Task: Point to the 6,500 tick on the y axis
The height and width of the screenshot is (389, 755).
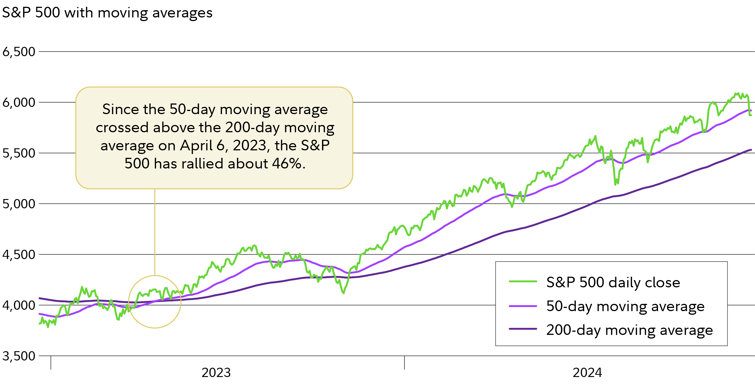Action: click(x=19, y=52)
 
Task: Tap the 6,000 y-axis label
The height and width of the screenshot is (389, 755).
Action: click(x=19, y=103)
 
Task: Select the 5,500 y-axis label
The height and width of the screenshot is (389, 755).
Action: click(x=19, y=153)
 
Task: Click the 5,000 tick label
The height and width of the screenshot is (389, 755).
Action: click(x=19, y=204)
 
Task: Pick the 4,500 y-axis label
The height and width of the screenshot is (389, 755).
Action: click(x=19, y=255)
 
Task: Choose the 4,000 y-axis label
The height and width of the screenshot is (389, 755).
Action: click(x=19, y=305)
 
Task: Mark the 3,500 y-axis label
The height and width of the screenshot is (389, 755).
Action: click(x=19, y=356)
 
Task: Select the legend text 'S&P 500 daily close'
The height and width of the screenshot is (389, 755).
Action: click(x=613, y=282)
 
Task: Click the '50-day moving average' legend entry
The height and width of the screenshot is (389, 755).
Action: click(x=625, y=306)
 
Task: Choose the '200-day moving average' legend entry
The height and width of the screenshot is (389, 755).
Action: click(x=629, y=330)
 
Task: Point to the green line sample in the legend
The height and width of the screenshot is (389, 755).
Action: click(x=523, y=281)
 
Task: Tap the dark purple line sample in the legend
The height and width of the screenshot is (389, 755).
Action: click(x=523, y=329)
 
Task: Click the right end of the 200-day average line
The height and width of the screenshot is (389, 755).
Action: click(x=751, y=150)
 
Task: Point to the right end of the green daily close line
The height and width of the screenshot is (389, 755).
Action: click(x=751, y=115)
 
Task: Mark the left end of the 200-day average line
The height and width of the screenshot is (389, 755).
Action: click(x=40, y=298)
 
